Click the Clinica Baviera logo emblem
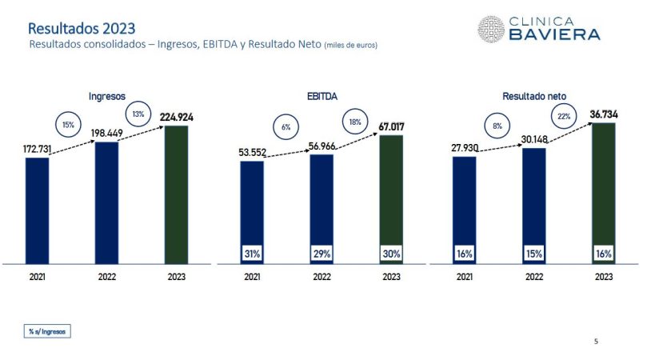pos(490,29)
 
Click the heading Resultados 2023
pos(76,30)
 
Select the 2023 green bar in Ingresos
pos(176,194)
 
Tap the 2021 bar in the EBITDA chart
pos(252,212)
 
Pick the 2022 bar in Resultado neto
pos(533,206)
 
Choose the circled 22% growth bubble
pos(564,118)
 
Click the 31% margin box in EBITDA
pos(252,254)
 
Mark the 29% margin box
pos(322,254)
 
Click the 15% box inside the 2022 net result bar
pos(533,254)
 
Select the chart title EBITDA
pos(322,96)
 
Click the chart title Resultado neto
pos(533,96)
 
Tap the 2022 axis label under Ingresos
pos(107,276)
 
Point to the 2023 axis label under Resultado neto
pos(604,276)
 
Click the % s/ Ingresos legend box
pos(46,331)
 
